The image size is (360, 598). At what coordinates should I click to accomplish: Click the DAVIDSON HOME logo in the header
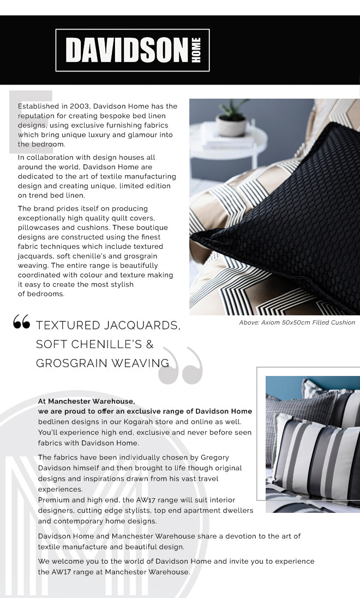click(133, 50)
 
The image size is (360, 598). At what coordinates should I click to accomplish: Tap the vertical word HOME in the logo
click(196, 50)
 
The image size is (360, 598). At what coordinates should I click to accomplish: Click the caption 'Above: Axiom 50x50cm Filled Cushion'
click(297, 322)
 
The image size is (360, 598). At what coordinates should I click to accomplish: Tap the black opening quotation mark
click(21, 323)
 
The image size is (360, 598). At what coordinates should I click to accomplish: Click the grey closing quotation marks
click(181, 366)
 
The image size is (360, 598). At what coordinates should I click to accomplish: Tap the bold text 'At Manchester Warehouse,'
click(86, 401)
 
